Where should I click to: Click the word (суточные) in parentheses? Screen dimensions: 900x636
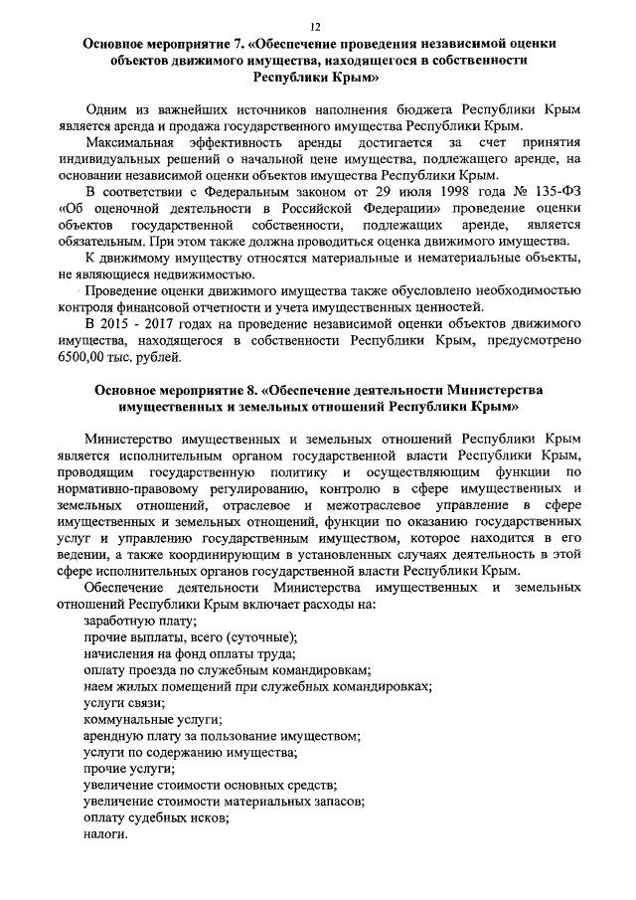coord(260,637)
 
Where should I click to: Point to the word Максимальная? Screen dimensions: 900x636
coord(137,143)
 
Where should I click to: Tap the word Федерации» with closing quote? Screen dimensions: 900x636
coord(398,208)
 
